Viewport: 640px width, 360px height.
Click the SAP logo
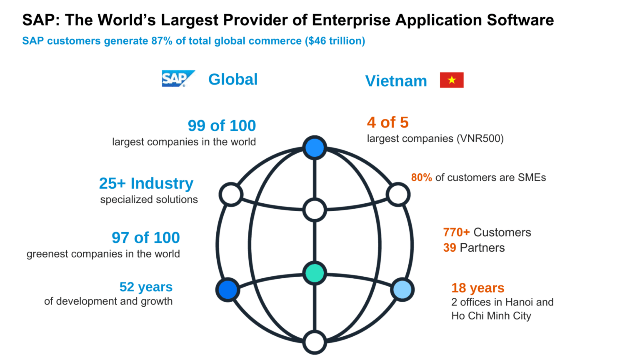[178, 78]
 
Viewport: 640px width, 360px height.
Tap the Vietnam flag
[452, 80]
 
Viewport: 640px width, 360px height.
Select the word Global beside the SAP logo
[233, 80]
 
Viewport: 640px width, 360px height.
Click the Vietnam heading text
[396, 81]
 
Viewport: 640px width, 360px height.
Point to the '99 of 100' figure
[222, 126]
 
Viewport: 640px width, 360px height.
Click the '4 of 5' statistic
[387, 122]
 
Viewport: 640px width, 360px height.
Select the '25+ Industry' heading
[146, 183]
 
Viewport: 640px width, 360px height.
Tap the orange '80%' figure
[421, 177]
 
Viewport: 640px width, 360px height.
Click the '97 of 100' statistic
[146, 238]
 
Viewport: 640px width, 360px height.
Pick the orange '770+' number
[456, 232]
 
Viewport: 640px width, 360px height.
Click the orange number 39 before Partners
[450, 248]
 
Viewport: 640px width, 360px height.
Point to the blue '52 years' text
[146, 287]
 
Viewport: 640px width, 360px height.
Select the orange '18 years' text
[477, 288]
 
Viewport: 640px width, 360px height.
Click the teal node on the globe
[315, 273]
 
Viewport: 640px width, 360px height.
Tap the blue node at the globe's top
[315, 147]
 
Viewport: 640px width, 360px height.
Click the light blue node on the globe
[402, 290]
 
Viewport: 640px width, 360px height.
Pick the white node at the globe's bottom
[315, 342]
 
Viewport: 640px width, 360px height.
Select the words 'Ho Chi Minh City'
[491, 316]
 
